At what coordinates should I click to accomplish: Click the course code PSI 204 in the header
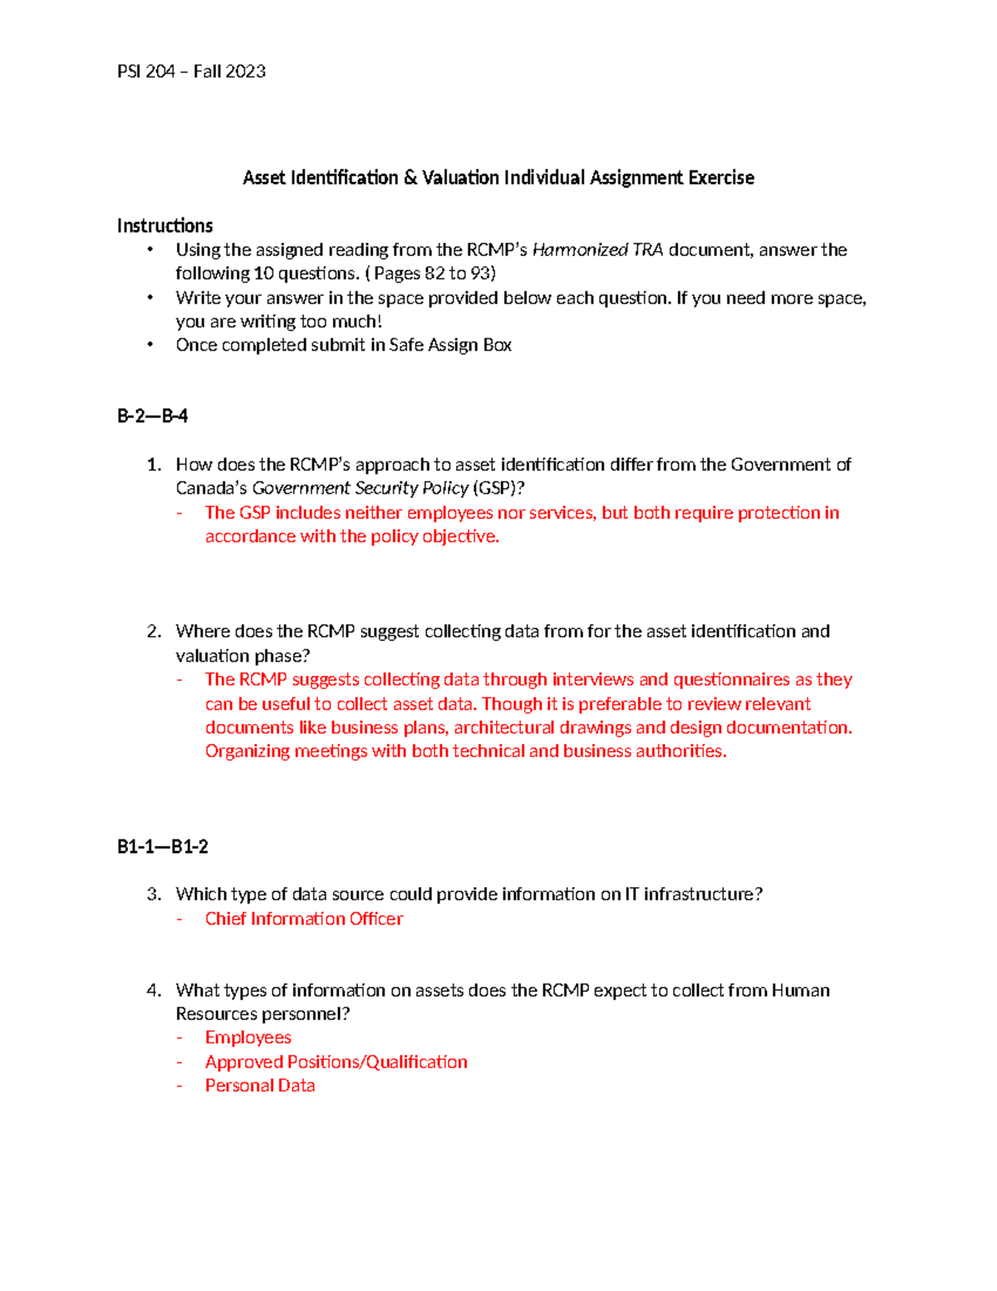145,71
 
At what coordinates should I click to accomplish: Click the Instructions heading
165,226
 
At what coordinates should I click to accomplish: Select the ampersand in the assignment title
410,178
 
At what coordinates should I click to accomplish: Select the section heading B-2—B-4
152,416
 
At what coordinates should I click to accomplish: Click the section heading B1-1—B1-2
162,847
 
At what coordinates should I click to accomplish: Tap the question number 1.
153,465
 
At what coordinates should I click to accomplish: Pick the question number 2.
153,632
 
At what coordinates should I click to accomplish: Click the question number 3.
153,894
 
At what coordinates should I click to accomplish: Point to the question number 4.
153,990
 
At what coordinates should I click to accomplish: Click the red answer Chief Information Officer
304,919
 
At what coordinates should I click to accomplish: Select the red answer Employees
248,1037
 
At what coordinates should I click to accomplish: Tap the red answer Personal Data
260,1086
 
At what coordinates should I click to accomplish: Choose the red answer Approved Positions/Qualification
336,1062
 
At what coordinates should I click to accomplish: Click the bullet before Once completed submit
150,345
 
